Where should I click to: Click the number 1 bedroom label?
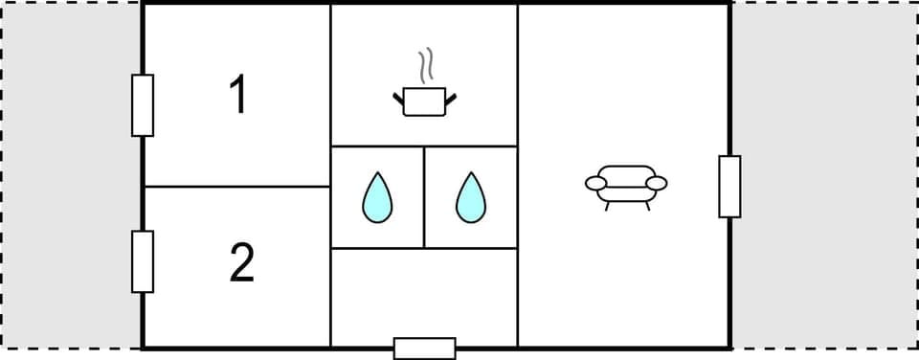click(238, 96)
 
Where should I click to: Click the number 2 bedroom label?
click(242, 263)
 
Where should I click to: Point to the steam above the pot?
click(427, 65)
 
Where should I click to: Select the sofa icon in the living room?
click(625, 183)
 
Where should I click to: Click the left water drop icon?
click(378, 197)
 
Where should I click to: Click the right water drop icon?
click(470, 197)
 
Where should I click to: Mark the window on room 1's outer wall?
click(143, 105)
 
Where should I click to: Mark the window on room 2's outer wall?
click(143, 261)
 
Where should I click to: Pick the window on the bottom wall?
click(424, 349)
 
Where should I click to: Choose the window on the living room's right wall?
click(729, 187)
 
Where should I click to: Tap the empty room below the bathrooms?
click(423, 297)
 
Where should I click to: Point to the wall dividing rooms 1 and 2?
click(236, 187)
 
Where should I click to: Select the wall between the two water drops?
click(424, 197)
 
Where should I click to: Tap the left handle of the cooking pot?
click(397, 96)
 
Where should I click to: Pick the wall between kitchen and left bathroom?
click(377, 146)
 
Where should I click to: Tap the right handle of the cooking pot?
click(452, 96)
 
